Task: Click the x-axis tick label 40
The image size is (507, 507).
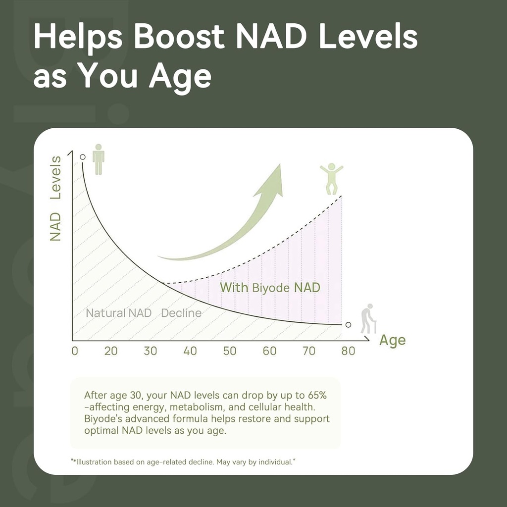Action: (x=190, y=351)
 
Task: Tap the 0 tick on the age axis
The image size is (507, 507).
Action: (x=75, y=351)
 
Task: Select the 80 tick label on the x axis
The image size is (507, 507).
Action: (x=348, y=351)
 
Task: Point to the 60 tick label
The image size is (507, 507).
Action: (x=269, y=351)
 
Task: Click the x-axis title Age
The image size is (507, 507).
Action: (x=392, y=341)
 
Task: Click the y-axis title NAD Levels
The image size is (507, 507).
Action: (x=55, y=198)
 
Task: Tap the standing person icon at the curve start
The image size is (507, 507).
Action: (x=99, y=159)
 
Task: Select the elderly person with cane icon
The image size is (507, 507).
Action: (x=367, y=319)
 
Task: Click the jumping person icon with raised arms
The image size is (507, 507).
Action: (x=331, y=178)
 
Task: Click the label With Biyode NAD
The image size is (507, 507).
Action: (x=270, y=287)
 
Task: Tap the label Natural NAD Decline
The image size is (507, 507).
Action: (x=144, y=313)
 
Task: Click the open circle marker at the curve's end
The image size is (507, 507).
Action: (x=348, y=324)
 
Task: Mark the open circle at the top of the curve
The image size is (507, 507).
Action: (x=83, y=156)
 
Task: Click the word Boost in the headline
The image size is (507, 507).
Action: (x=179, y=37)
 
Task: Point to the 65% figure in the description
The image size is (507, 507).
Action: (x=313, y=396)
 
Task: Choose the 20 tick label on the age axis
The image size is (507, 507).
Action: (x=111, y=351)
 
